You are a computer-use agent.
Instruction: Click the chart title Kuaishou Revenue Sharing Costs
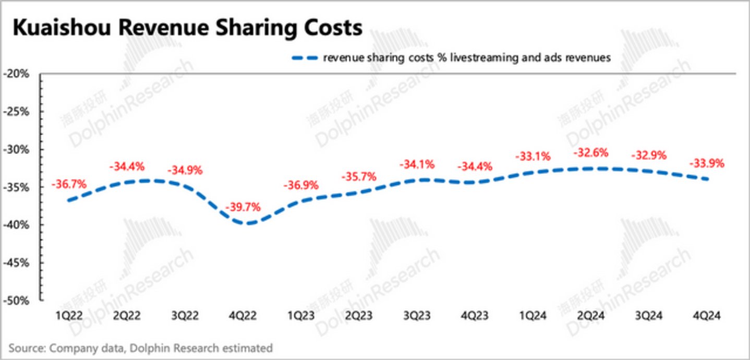coord(187,28)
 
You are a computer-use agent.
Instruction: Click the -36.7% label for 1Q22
coord(68,184)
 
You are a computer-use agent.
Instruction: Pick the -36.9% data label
coord(300,185)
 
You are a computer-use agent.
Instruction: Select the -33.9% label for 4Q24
coord(707,163)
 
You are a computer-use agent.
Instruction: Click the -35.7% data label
coord(358,176)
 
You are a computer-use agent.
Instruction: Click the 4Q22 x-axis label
coord(242,315)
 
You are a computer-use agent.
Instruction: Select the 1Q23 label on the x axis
coord(300,315)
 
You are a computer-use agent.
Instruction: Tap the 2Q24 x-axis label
coord(590,315)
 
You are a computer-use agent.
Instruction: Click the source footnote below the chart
coord(140,347)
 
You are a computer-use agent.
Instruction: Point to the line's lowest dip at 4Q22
coord(249,224)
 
